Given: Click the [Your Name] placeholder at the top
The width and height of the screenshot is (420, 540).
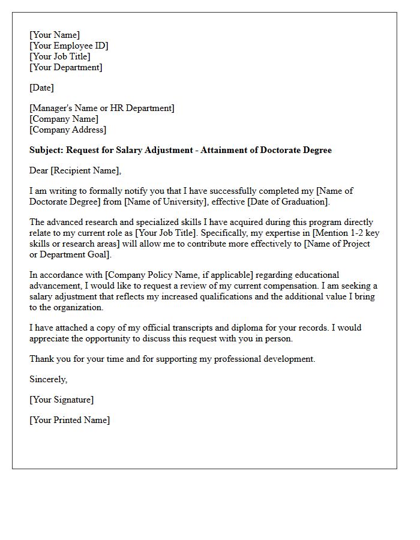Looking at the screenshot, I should tap(55, 35).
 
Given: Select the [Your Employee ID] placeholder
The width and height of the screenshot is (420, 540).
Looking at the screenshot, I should tap(69, 46).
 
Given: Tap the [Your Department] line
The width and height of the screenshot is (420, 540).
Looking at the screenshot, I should tap(66, 67).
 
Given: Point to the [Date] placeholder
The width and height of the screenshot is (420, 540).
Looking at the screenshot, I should tap(41, 88).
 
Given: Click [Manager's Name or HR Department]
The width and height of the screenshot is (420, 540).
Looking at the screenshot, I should tap(102, 108).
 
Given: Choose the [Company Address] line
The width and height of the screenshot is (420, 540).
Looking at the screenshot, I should tap(68, 130).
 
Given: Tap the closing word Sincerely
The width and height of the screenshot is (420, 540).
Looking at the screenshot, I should tap(48, 379).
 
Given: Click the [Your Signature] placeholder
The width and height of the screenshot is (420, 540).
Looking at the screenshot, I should tap(61, 400).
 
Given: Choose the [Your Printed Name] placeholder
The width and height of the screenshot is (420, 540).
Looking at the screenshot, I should tap(70, 420).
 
